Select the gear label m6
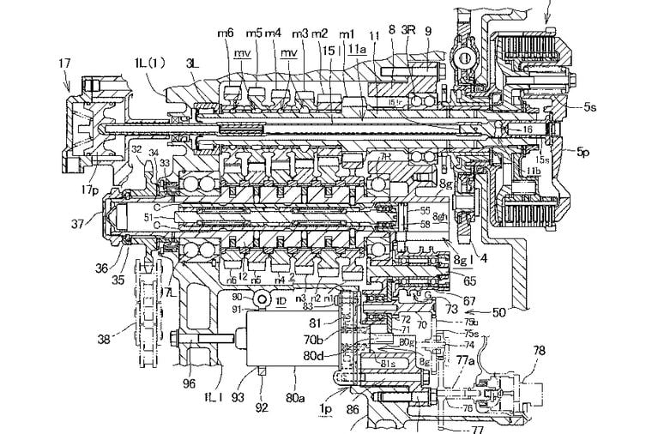[x=226, y=32]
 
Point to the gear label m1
[x=347, y=33]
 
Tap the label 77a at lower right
[x=464, y=362]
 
